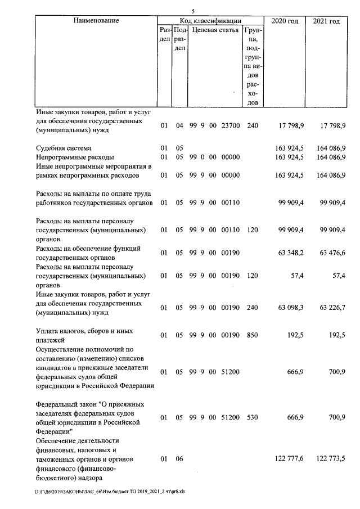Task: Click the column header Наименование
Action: click(96, 21)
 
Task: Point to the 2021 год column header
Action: click(326, 21)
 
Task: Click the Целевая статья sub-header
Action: click(215, 30)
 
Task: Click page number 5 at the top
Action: click(193, 11)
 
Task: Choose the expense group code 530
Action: click(253, 418)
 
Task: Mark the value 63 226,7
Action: click(331, 308)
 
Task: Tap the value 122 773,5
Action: click(330, 460)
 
